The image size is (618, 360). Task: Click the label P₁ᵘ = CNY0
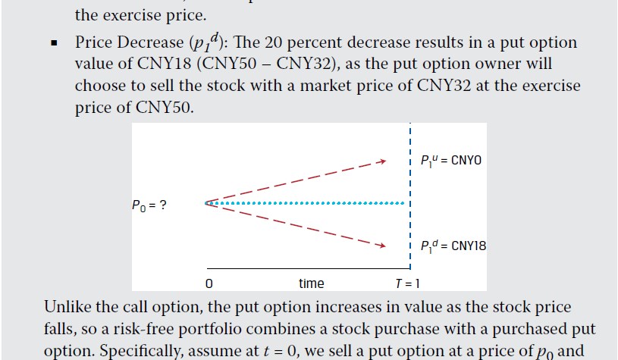[x=450, y=161]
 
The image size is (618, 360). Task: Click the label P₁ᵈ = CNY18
[x=453, y=246]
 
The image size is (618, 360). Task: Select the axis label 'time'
[x=311, y=283]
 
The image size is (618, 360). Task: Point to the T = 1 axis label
[x=406, y=283]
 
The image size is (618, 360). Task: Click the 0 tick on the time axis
[x=208, y=283]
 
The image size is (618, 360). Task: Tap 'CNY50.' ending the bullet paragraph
[x=168, y=107]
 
